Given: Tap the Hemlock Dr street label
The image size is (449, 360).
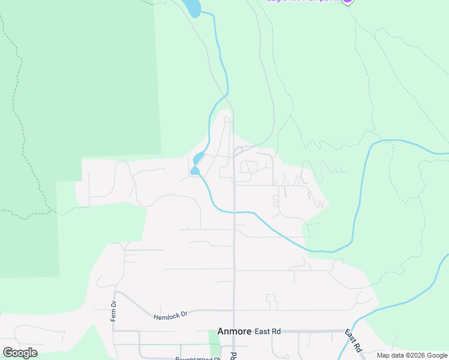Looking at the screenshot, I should click(170, 315).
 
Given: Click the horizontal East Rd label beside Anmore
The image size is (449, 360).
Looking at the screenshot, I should click(268, 331).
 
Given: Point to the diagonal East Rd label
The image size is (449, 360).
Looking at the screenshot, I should click(354, 340).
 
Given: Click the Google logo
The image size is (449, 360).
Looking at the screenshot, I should click(20, 353).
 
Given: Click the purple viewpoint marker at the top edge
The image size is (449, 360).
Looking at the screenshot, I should click(347, 1).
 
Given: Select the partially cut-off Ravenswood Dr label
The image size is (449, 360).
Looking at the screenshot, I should click(193, 358).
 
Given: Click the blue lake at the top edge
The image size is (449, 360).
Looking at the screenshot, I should click(192, 7).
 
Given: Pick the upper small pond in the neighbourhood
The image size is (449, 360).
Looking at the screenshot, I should click(197, 159).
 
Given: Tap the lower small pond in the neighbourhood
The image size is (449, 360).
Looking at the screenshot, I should click(194, 171).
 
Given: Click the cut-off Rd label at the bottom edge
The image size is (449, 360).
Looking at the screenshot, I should click(234, 356).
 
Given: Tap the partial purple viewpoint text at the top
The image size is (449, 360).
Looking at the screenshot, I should click(303, 1).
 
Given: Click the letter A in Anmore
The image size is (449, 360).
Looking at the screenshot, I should click(220, 331).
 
